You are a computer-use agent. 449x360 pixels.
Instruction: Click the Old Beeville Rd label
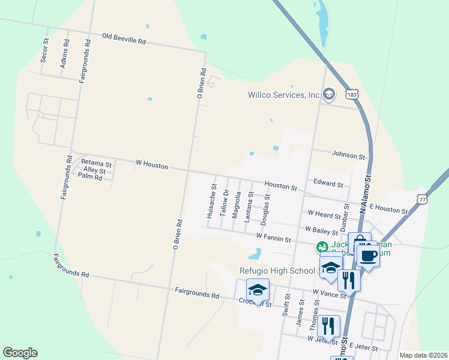click(x=124, y=40)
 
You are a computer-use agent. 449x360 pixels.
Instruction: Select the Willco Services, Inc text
click(x=284, y=95)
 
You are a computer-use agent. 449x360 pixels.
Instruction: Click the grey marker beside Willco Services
click(x=328, y=94)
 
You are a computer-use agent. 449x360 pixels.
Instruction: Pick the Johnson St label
click(x=349, y=156)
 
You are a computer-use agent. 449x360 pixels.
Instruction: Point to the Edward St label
click(x=328, y=184)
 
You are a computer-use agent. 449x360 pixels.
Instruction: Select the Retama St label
click(x=96, y=163)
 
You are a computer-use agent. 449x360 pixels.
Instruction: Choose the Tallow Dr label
click(x=225, y=203)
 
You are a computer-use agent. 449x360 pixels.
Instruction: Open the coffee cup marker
click(x=369, y=254)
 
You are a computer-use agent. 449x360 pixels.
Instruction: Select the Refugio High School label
click(x=277, y=271)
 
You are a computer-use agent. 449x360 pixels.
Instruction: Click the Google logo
click(x=20, y=353)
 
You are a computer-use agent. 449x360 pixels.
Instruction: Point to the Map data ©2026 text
click(x=423, y=355)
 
